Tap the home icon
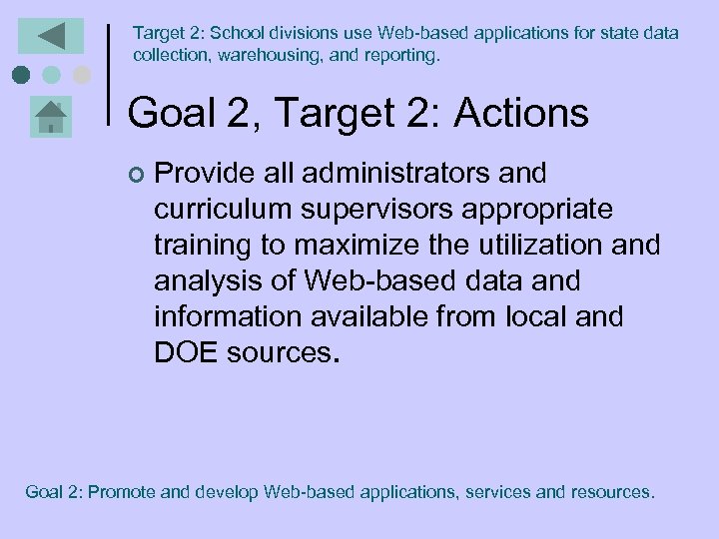point(50,118)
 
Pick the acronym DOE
point(184,353)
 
